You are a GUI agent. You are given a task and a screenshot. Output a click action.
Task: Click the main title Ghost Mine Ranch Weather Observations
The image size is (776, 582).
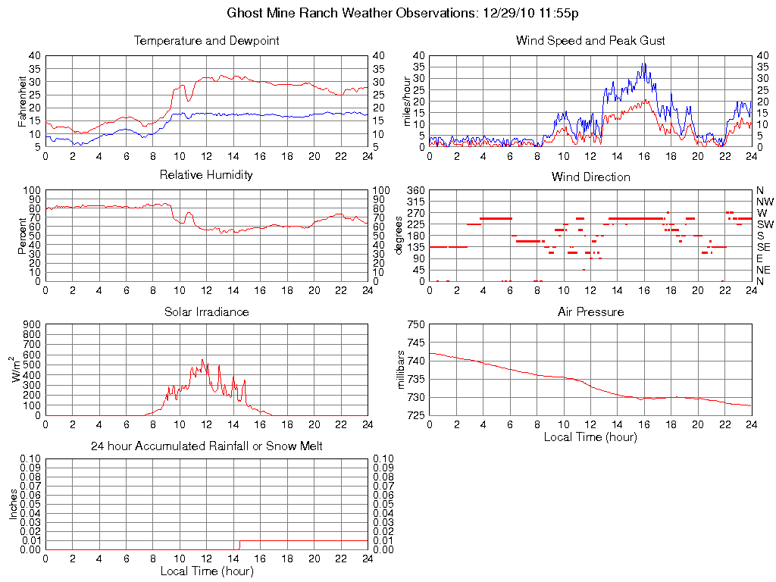pyautogui.click(x=404, y=14)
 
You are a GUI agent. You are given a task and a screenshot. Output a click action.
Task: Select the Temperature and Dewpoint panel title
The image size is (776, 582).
pyautogui.click(x=206, y=41)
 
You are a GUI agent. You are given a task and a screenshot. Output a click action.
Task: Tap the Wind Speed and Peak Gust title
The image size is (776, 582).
pyautogui.click(x=590, y=41)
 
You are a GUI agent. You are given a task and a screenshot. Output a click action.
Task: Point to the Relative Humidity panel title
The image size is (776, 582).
pyautogui.click(x=206, y=175)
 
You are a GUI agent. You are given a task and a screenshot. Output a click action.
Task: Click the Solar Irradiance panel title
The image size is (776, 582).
pyautogui.click(x=206, y=311)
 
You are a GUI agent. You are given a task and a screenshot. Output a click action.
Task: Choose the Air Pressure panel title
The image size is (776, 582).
pyautogui.click(x=590, y=311)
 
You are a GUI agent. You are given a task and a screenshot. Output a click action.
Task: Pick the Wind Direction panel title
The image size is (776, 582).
pyautogui.click(x=590, y=177)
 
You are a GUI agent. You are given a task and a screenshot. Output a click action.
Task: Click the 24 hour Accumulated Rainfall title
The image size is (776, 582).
pyautogui.click(x=206, y=446)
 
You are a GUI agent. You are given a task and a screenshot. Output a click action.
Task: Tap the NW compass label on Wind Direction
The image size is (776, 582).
pyautogui.click(x=765, y=202)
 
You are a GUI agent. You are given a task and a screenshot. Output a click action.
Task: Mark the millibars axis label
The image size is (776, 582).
pyautogui.click(x=402, y=370)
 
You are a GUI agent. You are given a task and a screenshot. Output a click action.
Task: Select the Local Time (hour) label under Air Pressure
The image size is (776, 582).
pyautogui.click(x=590, y=436)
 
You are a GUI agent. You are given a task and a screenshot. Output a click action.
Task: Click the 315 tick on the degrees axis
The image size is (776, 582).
pyautogui.click(x=415, y=202)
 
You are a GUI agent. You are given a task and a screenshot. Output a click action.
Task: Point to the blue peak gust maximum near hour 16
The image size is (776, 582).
pyautogui.click(x=643, y=64)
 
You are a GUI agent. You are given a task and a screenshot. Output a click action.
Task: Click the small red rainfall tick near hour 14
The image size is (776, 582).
pyautogui.click(x=239, y=544)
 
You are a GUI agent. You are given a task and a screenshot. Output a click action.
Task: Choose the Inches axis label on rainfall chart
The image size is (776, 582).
pyautogui.click(x=14, y=503)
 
